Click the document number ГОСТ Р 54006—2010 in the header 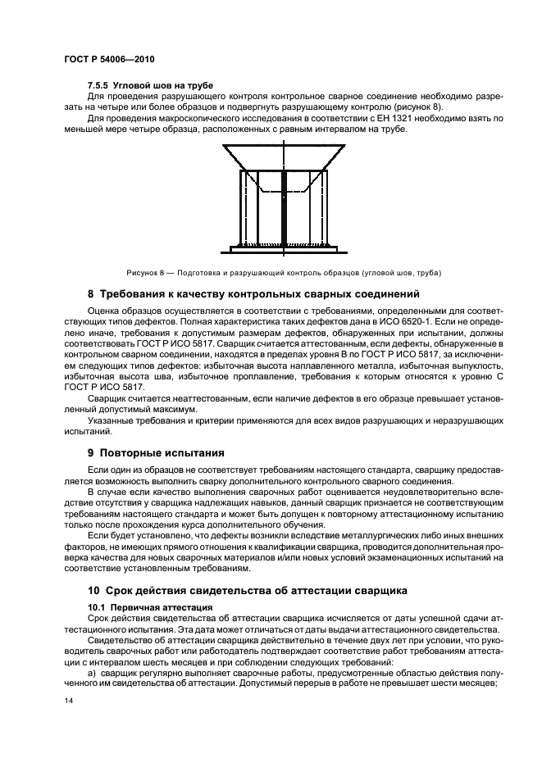point(109,61)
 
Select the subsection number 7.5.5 point(99,85)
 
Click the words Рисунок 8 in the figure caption point(145,273)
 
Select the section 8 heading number point(91,293)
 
